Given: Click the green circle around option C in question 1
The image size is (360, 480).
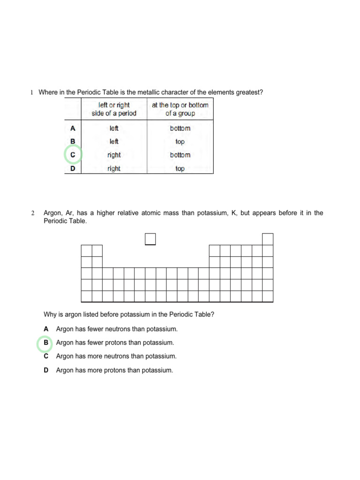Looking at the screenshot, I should pyautogui.click(x=73, y=155).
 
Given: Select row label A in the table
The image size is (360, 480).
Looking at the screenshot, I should pyautogui.click(x=73, y=128).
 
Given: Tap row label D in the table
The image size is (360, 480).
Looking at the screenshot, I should pyautogui.click(x=73, y=169).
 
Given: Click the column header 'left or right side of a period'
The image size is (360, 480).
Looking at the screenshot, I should pyautogui.click(x=114, y=109).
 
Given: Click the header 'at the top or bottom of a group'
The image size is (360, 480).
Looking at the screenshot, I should pyautogui.click(x=180, y=109).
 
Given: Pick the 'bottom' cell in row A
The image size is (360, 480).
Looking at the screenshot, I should pyautogui.click(x=180, y=128).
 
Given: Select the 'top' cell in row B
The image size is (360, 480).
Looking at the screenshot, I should pyautogui.click(x=180, y=142).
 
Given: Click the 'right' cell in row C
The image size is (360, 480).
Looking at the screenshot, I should pyautogui.click(x=114, y=155).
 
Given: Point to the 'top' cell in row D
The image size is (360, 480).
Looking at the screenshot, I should pyautogui.click(x=180, y=169).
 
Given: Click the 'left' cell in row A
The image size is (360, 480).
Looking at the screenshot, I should pyautogui.click(x=114, y=128).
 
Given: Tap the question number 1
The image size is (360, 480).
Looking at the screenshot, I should pyautogui.click(x=32, y=92).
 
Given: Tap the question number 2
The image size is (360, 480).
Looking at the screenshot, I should pyautogui.click(x=33, y=213).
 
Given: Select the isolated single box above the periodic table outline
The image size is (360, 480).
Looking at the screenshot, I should pyautogui.click(x=150, y=239).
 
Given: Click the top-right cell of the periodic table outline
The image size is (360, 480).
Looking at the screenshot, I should pyautogui.click(x=268, y=239).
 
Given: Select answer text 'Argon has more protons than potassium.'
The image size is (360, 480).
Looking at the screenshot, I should pyautogui.click(x=114, y=370).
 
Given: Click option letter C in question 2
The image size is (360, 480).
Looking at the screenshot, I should pyautogui.click(x=46, y=356).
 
